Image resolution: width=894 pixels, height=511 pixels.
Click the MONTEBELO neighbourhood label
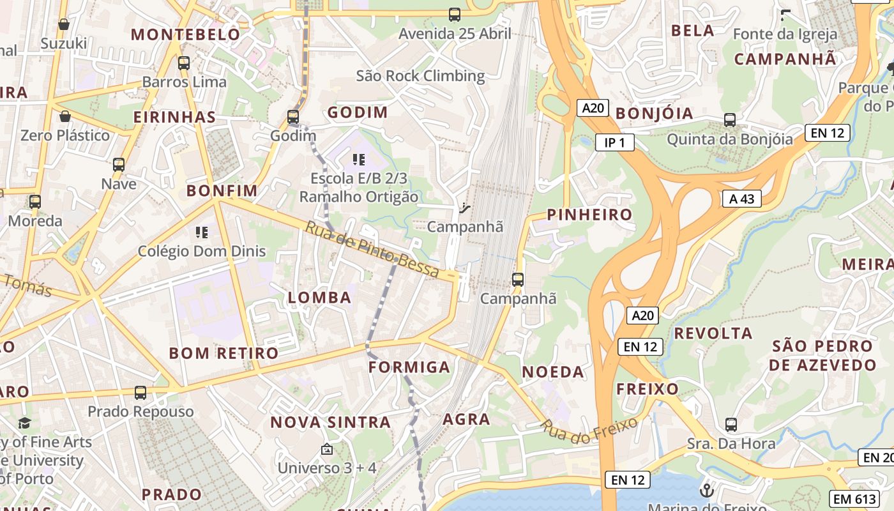coord(186,34)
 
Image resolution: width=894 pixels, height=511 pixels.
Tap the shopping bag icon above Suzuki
coord(64,24)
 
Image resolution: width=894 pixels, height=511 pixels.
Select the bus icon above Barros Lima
coord(184,63)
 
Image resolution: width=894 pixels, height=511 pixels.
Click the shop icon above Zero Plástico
coord(64,116)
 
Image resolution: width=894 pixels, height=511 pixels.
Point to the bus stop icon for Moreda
coord(35,201)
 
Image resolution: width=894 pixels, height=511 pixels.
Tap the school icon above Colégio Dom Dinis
coord(202,232)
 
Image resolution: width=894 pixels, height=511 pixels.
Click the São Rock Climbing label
coord(420,76)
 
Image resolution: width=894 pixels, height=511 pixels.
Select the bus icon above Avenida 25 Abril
coord(455,14)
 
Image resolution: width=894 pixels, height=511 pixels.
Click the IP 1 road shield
coord(614,142)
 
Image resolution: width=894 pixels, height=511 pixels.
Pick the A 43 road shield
coord(741,199)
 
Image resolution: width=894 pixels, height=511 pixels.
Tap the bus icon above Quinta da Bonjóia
coord(730,119)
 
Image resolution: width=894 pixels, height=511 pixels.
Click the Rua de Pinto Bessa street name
coord(372,250)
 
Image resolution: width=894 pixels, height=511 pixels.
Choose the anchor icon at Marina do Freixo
coord(706,491)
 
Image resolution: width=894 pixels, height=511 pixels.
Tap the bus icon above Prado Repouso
coord(140,392)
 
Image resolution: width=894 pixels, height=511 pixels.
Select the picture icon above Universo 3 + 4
coord(327,449)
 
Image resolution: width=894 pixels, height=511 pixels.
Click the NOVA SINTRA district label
coord(330,422)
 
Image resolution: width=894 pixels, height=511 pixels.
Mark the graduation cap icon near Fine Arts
coord(24,423)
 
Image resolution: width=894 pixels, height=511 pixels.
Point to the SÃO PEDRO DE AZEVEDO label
coord(822,356)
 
